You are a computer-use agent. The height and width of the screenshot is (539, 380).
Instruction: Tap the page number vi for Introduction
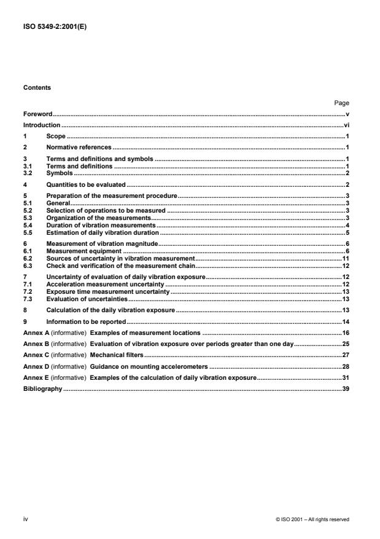pyautogui.click(x=346, y=125)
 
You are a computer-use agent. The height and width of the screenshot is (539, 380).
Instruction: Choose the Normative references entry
pyautogui.click(x=79, y=148)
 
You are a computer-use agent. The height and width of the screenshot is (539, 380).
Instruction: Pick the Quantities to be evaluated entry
pyautogui.click(x=86, y=184)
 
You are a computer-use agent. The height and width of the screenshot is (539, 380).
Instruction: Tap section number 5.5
pyautogui.click(x=27, y=233)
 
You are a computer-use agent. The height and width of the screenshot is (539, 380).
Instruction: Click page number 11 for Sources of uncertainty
pyautogui.click(x=346, y=258)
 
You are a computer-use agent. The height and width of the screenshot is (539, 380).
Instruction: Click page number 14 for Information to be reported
pyautogui.click(x=346, y=321)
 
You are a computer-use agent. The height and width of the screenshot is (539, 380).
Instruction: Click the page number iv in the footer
pyautogui.click(x=26, y=519)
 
